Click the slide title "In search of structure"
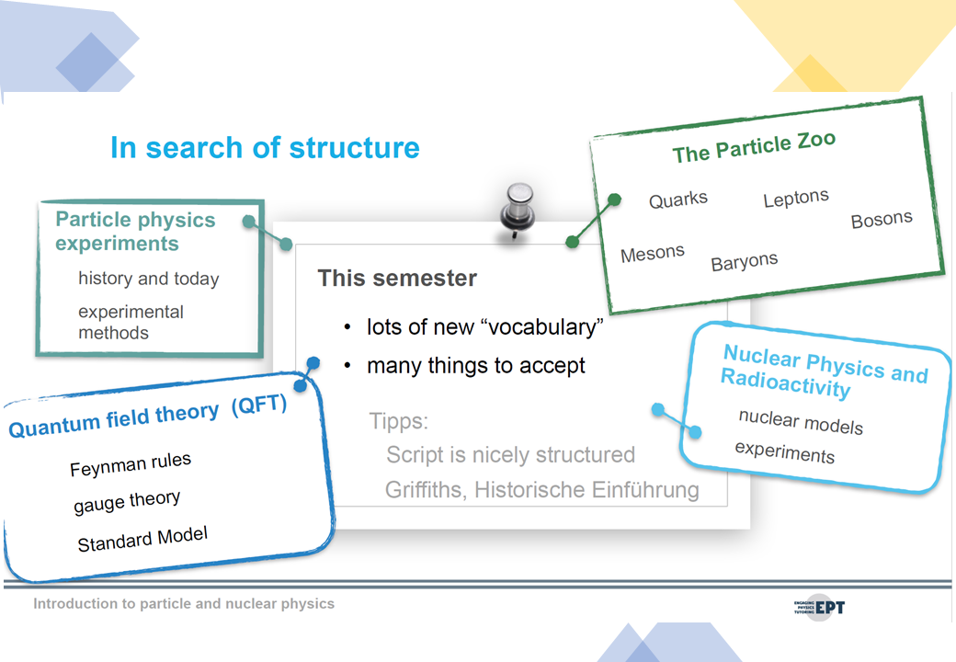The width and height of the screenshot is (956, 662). (x=265, y=148)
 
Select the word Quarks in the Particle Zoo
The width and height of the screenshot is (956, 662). (x=678, y=200)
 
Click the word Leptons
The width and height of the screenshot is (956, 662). (x=796, y=198)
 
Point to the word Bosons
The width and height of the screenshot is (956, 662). (x=882, y=220)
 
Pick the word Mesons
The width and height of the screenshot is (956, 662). (x=653, y=253)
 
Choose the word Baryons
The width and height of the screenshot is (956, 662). (x=745, y=261)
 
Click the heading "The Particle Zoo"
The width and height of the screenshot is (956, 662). (x=754, y=147)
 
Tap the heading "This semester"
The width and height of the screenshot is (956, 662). (x=397, y=278)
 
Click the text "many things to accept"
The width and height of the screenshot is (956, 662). (x=475, y=366)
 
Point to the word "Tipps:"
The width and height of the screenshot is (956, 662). (x=399, y=421)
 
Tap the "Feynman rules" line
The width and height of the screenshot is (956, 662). (x=131, y=464)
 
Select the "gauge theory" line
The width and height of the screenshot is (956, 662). (x=127, y=502)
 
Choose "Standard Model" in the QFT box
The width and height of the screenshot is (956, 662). (x=142, y=539)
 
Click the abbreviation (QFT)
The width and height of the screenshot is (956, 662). (x=259, y=405)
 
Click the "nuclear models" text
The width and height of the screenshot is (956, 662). (x=801, y=422)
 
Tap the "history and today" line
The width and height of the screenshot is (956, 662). (x=149, y=279)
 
